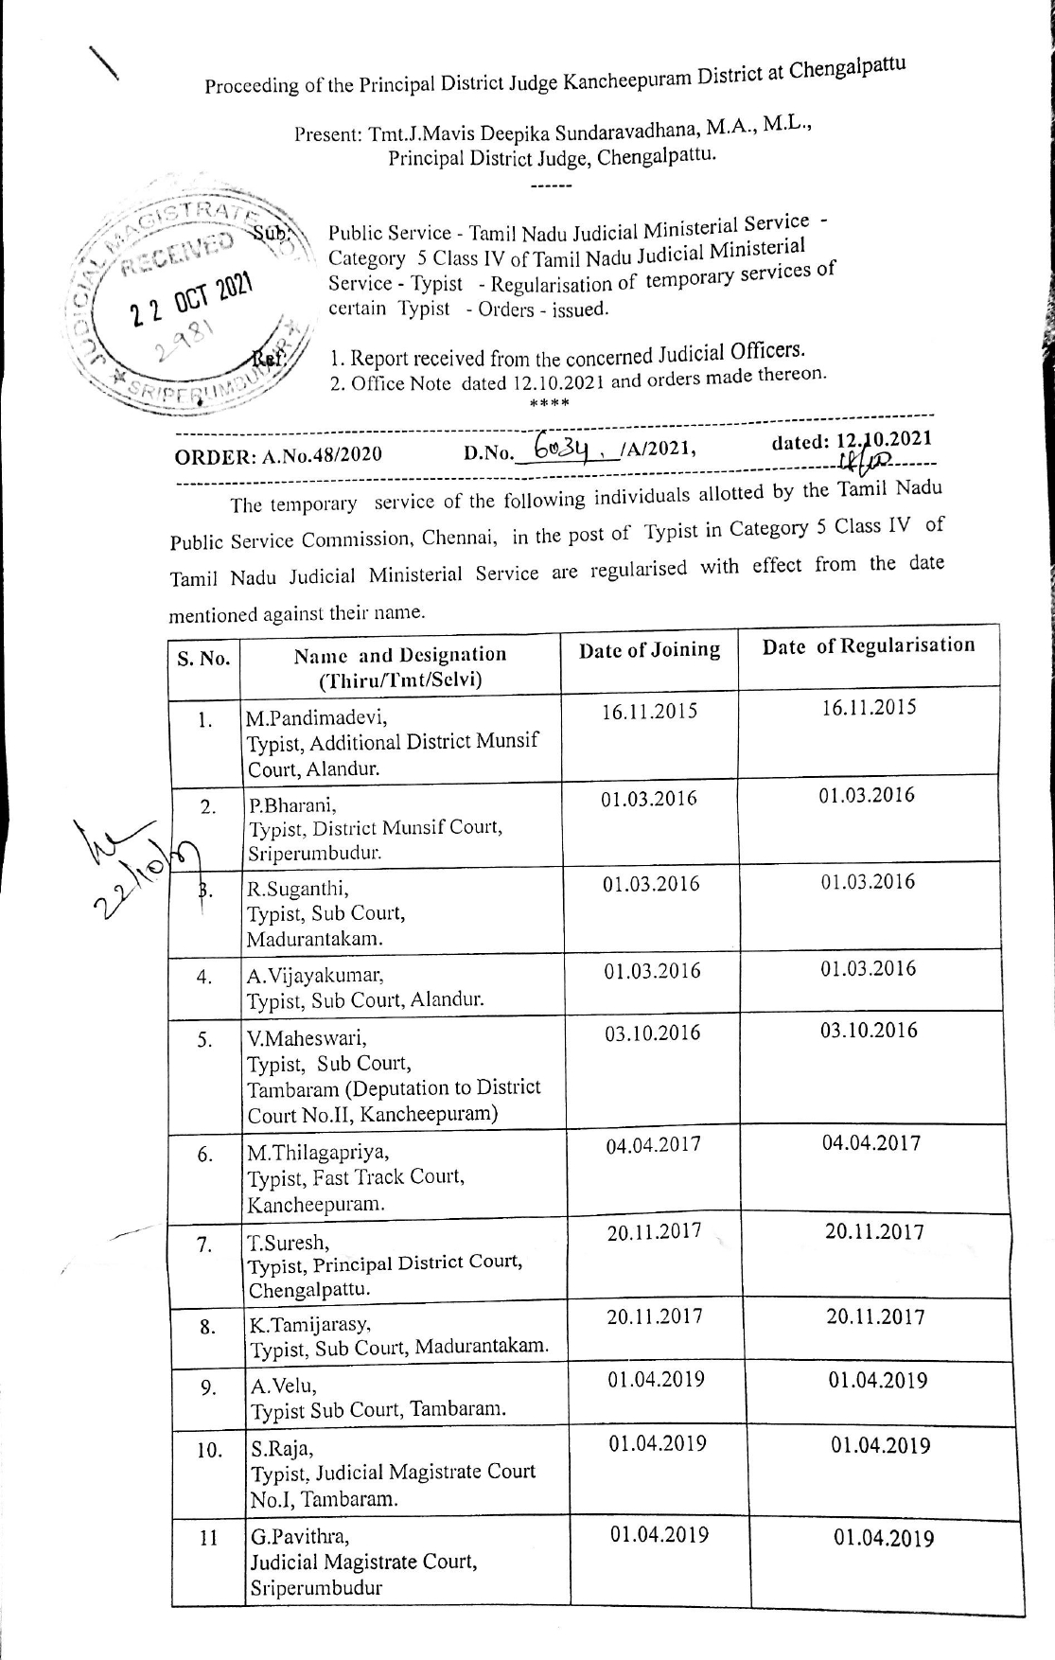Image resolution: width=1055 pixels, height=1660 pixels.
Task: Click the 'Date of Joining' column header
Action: tap(649, 650)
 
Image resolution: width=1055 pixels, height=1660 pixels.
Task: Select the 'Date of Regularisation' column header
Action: tap(868, 646)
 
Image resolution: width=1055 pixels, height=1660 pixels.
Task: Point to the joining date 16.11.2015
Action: tap(649, 712)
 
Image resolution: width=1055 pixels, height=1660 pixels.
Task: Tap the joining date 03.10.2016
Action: tap(653, 1033)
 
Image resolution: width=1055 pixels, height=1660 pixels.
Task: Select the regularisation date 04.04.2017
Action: tap(870, 1143)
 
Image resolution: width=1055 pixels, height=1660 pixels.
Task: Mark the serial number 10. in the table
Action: tap(209, 1450)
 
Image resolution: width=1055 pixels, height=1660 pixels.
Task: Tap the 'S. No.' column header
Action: tap(204, 658)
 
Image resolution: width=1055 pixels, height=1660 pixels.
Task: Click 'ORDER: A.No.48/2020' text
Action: tap(278, 455)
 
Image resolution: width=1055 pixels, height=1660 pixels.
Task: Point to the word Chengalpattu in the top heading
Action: tap(848, 69)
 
